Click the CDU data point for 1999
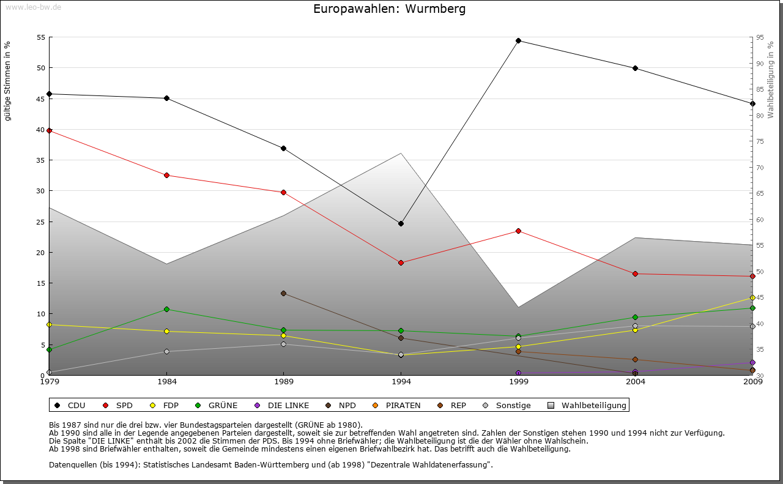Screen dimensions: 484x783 pyautogui.click(x=518, y=41)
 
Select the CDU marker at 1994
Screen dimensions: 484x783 pyautogui.click(x=401, y=223)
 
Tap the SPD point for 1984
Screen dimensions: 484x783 pyautogui.click(x=166, y=176)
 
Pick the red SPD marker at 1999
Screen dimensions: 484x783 pyautogui.click(x=518, y=231)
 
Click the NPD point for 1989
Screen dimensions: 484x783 pyautogui.click(x=283, y=293)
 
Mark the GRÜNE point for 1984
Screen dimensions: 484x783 pyautogui.click(x=166, y=309)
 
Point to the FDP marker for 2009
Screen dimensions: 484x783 pyautogui.click(x=752, y=297)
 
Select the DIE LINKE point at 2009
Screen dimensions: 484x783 pyautogui.click(x=752, y=362)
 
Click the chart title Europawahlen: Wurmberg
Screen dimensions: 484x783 pyautogui.click(x=389, y=9)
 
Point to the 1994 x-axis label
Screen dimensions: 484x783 pyautogui.click(x=401, y=382)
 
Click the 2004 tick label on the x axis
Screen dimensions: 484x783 pyautogui.click(x=636, y=382)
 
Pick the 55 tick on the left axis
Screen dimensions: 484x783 pyautogui.click(x=41, y=37)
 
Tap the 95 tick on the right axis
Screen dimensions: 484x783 pyautogui.click(x=760, y=37)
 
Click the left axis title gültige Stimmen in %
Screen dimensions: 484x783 pyautogui.click(x=8, y=81)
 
